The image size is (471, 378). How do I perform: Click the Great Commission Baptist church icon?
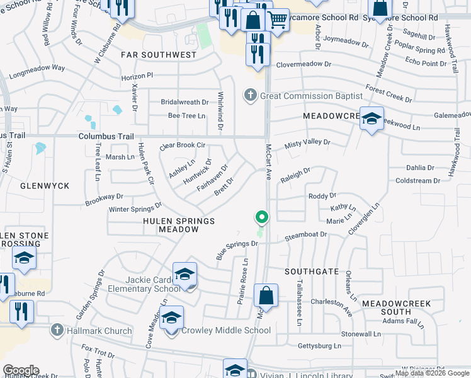click(x=251, y=96)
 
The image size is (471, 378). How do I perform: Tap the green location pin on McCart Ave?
click(x=262, y=217)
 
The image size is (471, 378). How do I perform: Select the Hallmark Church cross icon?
click(x=57, y=330)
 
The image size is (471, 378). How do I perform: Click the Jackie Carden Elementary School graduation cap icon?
click(x=184, y=274)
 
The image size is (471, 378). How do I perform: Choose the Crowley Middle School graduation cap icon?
click(x=171, y=318)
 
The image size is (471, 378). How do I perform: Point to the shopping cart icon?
click(x=276, y=20)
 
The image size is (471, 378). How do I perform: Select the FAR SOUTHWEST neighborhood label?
click(x=159, y=55)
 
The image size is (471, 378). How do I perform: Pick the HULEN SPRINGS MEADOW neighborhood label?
click(x=179, y=226)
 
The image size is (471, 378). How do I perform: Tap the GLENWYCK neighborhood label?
click(x=44, y=186)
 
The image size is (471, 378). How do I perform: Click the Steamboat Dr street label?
click(x=306, y=234)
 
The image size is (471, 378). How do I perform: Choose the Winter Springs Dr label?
click(x=135, y=207)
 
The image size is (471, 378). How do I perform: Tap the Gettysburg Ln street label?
click(x=319, y=346)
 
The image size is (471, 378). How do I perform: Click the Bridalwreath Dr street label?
click(x=184, y=102)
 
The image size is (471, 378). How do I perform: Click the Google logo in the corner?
click(x=21, y=370)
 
